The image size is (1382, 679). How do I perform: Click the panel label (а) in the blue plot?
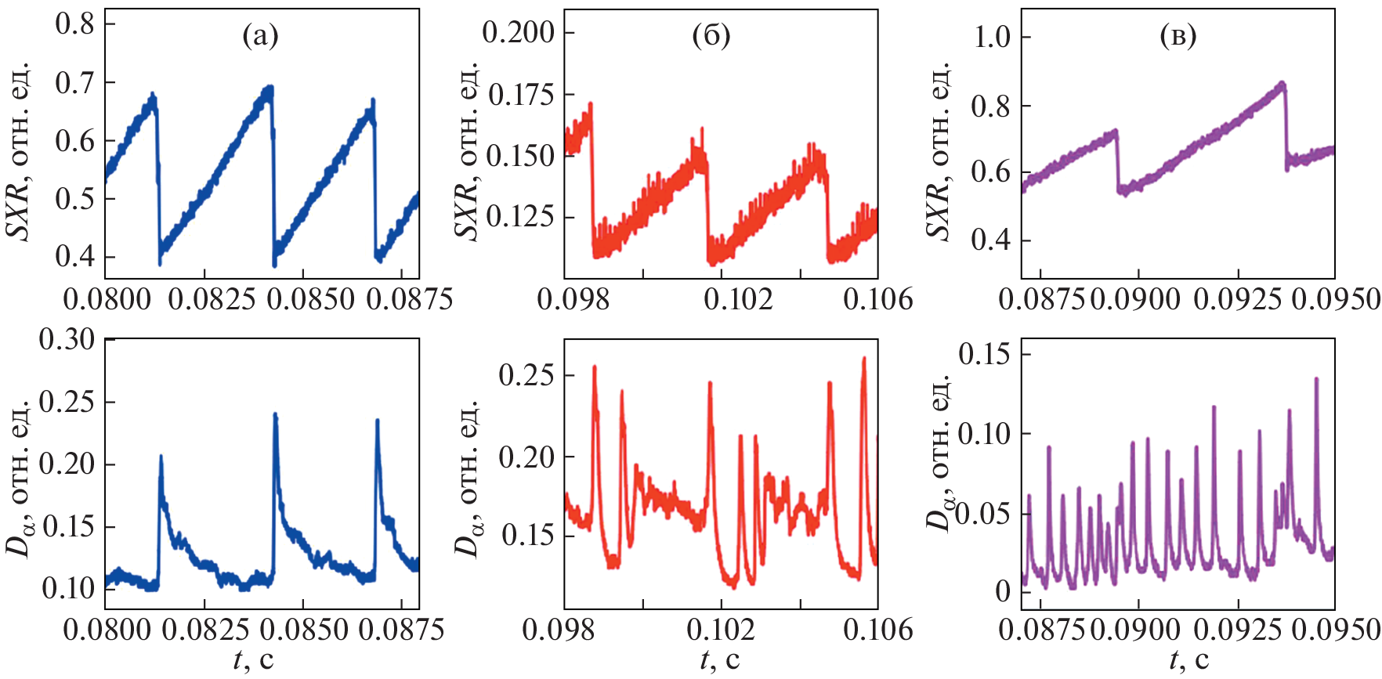(x=260, y=36)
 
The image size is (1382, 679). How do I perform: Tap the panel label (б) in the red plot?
(x=711, y=36)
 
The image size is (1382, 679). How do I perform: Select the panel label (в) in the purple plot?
(x=1178, y=36)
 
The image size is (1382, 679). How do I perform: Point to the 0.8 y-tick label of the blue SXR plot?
(x=74, y=23)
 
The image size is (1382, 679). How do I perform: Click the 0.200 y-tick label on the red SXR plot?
(x=518, y=33)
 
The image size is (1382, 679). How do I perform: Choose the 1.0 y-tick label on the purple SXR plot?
(x=991, y=37)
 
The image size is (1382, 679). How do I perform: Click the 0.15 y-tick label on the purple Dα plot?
(x=984, y=354)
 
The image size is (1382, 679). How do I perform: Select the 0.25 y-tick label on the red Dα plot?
(x=526, y=374)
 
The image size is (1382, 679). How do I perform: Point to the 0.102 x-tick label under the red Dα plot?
(x=721, y=630)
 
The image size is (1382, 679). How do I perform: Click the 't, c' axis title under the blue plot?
(x=254, y=660)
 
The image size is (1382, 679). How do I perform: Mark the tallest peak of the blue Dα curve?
(x=275, y=414)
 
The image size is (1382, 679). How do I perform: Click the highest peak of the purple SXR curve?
(x=1282, y=82)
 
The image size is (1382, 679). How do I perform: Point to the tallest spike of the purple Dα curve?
(x=1316, y=379)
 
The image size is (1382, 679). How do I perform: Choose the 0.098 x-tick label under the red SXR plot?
(x=573, y=299)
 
